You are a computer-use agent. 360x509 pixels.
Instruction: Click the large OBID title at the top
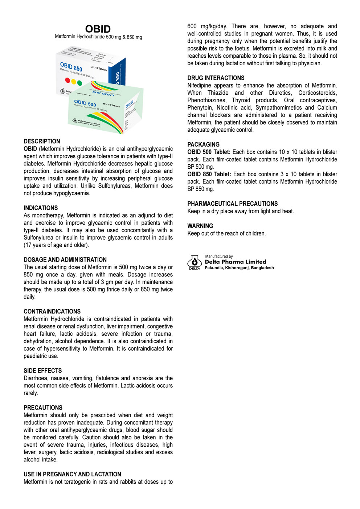[98, 29]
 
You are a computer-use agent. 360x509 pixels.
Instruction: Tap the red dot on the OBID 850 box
[67, 80]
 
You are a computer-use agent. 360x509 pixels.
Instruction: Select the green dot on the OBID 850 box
[79, 83]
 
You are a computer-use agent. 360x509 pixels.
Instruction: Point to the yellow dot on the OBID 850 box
[73, 82]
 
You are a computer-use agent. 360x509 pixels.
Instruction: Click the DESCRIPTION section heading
[42, 141]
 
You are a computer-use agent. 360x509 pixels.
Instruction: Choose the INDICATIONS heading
[41, 208]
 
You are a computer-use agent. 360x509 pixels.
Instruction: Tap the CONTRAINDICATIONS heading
[52, 312]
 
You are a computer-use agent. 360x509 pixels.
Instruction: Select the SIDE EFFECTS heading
[42, 371]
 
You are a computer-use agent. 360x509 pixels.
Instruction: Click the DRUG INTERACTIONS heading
[216, 78]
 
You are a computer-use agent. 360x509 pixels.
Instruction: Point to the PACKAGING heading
[203, 144]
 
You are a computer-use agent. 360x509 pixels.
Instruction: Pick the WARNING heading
[200, 226]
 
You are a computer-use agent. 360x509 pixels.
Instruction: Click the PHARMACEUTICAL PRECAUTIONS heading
[232, 204]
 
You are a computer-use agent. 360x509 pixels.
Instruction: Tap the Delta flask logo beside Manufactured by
[195, 262]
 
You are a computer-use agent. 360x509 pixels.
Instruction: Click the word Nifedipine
[199, 86]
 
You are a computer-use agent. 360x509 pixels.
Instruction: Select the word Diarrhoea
[36, 378]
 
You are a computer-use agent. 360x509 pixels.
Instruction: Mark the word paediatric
[36, 356]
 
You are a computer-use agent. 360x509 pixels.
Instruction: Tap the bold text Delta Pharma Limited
[235, 262]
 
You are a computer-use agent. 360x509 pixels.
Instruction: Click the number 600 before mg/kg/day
[192, 26]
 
